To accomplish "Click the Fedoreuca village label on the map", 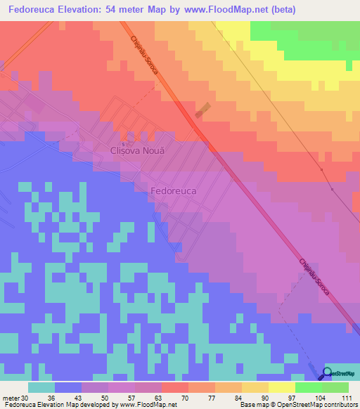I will click(173, 190).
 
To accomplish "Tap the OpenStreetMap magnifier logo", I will click(326, 373).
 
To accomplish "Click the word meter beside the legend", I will click(11, 398).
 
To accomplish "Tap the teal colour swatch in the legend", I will click(41, 387).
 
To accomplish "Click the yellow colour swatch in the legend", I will click(281, 387).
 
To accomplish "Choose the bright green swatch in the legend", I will click(308, 387).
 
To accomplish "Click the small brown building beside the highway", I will click(202, 111).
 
